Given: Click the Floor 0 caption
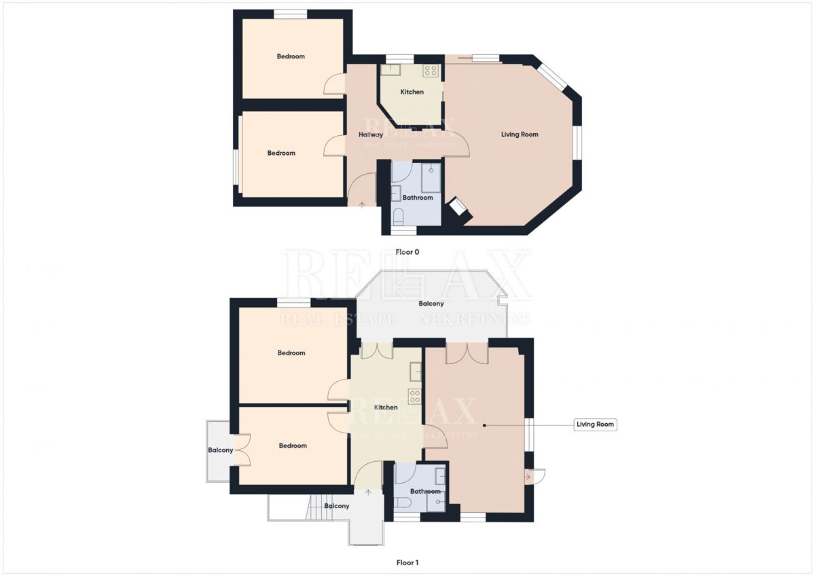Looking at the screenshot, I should pos(407,252).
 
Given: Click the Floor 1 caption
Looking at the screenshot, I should pos(407,562).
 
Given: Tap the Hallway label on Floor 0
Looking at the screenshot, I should pos(371,134).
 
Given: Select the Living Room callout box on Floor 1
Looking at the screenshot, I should pos(595,425).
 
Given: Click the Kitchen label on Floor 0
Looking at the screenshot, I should pos(412,92).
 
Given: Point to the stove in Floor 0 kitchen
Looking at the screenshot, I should pos(430,70).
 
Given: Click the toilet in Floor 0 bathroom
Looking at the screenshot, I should pos(399,217).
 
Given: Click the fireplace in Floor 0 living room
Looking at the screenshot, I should pos(455,208).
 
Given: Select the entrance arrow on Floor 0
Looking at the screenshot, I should pos(361,203).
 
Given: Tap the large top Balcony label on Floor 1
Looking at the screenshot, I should pos(431,304).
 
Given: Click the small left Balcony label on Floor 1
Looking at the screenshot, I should pos(221,450).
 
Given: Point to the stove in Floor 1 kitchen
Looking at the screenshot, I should pos(414,396).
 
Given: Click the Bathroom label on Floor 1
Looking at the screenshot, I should pos(425,491).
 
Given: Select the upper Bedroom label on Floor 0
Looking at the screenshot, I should pos(291,56).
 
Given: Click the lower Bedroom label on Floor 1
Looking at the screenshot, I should pos(293,446).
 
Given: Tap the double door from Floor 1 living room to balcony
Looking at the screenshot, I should pos(467,352).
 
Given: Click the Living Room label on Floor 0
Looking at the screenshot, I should pos(520,134).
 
